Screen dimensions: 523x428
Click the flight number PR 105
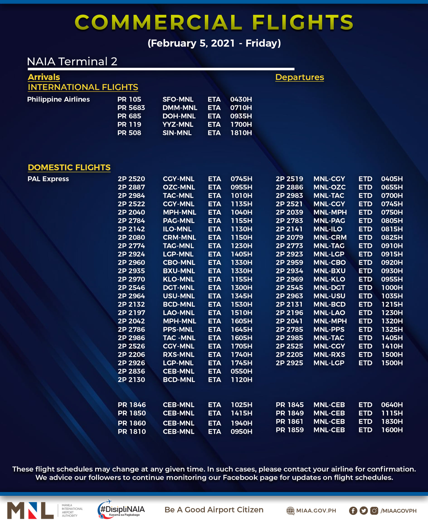click(x=129, y=99)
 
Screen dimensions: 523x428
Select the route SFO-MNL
click(x=178, y=99)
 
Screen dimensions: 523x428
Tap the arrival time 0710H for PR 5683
click(x=241, y=108)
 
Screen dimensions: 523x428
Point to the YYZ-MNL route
click(x=178, y=124)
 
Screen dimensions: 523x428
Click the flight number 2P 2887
click(x=131, y=187)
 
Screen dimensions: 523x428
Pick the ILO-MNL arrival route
click(x=177, y=229)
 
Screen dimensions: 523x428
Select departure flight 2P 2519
click(x=289, y=179)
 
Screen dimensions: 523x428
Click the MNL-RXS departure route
click(x=329, y=355)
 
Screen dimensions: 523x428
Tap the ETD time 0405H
click(x=392, y=179)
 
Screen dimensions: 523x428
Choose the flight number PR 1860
click(x=132, y=423)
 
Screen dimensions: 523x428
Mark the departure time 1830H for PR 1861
click(x=392, y=421)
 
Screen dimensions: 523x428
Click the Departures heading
click(x=300, y=77)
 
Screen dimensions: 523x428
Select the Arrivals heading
click(x=44, y=77)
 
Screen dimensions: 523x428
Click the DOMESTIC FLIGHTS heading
click(x=69, y=167)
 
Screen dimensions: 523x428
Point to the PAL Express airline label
click(x=48, y=179)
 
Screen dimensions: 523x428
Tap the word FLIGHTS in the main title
click(x=303, y=22)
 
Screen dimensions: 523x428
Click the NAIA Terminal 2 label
click(x=72, y=61)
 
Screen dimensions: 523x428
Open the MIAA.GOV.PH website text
click(x=316, y=510)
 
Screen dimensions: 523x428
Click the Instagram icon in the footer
click(x=374, y=510)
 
